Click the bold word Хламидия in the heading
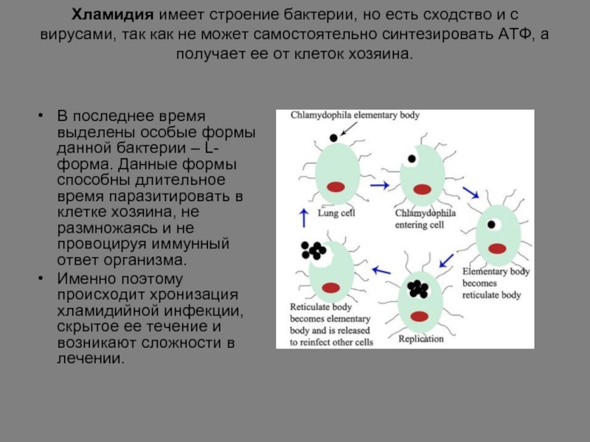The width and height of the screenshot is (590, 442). (113, 15)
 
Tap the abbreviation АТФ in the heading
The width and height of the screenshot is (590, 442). (515, 34)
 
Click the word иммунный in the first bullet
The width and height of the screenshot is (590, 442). (190, 244)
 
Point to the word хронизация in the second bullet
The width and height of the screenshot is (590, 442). (194, 295)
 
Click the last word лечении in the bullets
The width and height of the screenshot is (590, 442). (90, 359)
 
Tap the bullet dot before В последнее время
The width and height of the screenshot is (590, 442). (41, 116)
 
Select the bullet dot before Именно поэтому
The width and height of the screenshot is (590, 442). (41, 278)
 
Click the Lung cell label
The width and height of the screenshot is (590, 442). (336, 213)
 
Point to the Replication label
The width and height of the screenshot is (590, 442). (421, 339)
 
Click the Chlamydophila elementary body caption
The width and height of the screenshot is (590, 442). (355, 115)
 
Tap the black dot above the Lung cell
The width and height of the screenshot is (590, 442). (333, 138)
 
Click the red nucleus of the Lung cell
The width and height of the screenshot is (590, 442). (336, 187)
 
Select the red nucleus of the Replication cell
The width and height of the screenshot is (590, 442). (420, 316)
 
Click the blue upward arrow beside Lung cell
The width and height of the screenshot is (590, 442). (304, 218)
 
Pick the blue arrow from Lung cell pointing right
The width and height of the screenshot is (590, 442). (379, 185)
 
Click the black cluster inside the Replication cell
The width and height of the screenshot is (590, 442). (418, 289)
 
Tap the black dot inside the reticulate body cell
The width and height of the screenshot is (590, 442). (491, 225)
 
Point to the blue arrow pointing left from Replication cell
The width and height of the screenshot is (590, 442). (381, 270)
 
